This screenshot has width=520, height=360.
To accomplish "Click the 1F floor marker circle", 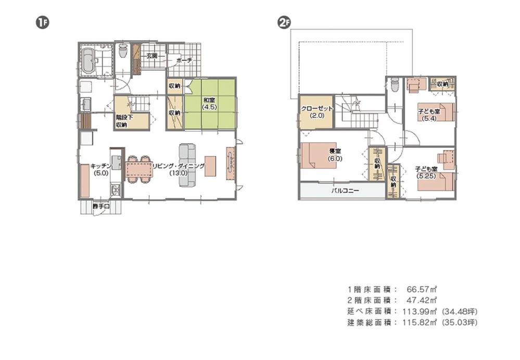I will [x=41, y=22].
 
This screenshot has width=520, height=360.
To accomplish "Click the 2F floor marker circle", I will [x=284, y=22].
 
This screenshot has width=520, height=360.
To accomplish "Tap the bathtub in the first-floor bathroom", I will [x=88, y=61].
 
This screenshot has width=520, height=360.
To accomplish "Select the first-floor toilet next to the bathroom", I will [x=123, y=51].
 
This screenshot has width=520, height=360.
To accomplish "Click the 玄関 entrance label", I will [x=152, y=55].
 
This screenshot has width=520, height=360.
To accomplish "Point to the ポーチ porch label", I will [x=184, y=60].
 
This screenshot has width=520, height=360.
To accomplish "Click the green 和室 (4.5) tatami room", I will [x=210, y=104].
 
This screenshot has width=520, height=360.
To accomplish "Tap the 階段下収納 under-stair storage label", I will [x=124, y=121].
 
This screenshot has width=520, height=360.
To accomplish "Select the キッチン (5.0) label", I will [x=99, y=169].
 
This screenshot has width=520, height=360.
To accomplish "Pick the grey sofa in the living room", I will [x=187, y=165].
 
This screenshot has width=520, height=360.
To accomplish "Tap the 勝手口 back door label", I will [x=101, y=207].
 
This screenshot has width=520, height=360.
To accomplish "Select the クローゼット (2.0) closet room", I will [x=313, y=112].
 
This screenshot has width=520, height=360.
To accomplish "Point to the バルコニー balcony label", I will [x=345, y=191].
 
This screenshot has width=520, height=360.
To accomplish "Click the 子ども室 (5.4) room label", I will [x=430, y=115].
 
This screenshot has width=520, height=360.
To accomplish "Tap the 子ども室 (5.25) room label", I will [x=429, y=172].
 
